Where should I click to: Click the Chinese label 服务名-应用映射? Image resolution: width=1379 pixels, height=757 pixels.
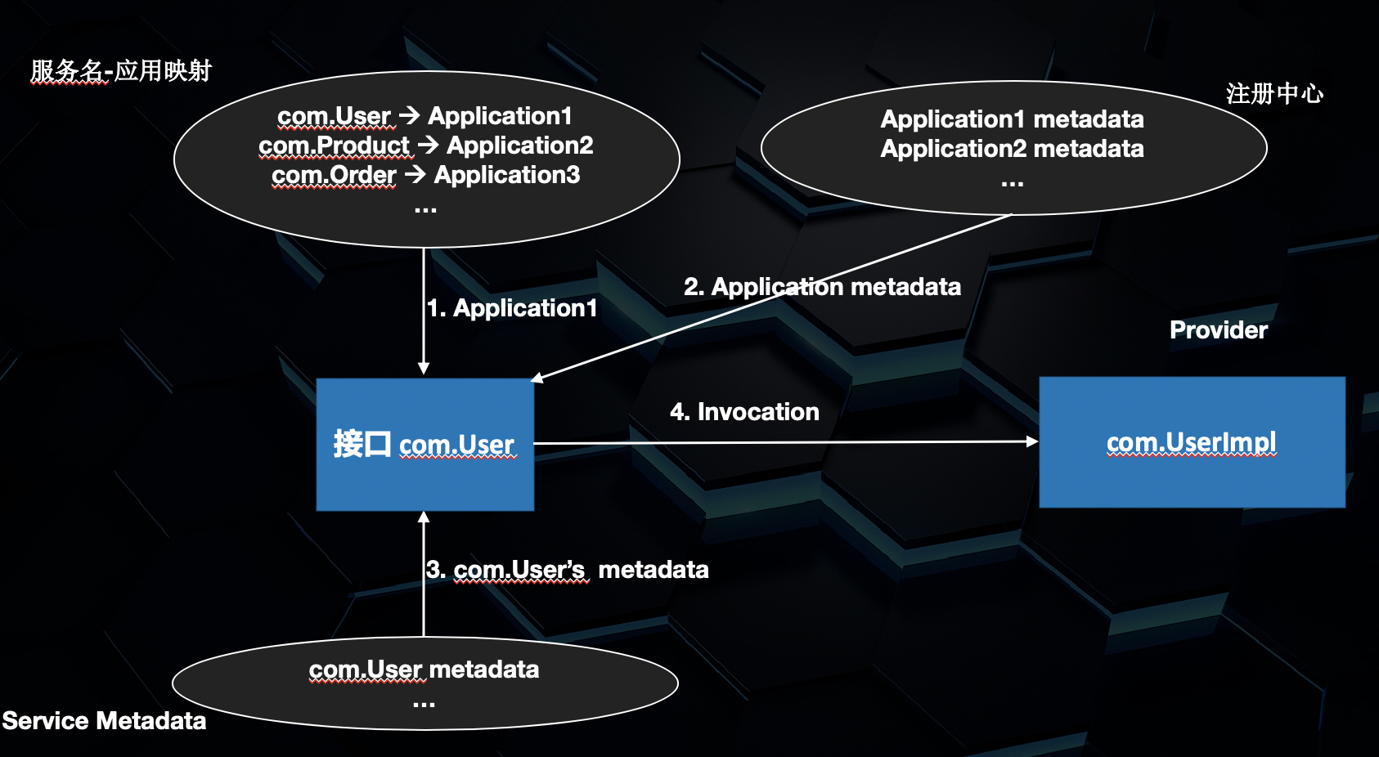click(x=121, y=71)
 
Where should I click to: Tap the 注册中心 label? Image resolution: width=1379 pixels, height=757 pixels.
click(x=1274, y=94)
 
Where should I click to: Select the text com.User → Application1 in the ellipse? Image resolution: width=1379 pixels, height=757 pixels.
click(x=424, y=116)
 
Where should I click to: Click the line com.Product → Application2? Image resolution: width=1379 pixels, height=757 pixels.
click(x=425, y=146)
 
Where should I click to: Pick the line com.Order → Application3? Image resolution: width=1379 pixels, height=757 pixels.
click(x=425, y=175)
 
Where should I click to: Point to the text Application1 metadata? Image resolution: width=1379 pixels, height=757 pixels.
click(x=1012, y=119)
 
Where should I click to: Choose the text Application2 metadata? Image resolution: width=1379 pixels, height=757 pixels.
click(x=1012, y=149)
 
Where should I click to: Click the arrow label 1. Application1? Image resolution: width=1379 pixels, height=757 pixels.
click(x=512, y=308)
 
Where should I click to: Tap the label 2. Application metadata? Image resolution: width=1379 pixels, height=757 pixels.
click(x=822, y=287)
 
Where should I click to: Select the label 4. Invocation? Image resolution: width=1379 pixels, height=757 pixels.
click(x=744, y=412)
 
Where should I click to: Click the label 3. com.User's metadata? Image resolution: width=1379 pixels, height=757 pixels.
click(x=567, y=570)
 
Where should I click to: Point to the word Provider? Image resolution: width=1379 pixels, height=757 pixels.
click(x=1218, y=330)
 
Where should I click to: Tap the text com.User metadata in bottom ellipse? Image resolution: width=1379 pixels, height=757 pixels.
click(x=424, y=670)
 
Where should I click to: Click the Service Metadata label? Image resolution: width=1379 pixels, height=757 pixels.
click(x=104, y=721)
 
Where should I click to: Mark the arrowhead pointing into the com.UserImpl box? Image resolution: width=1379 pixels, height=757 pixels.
click(x=1032, y=441)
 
